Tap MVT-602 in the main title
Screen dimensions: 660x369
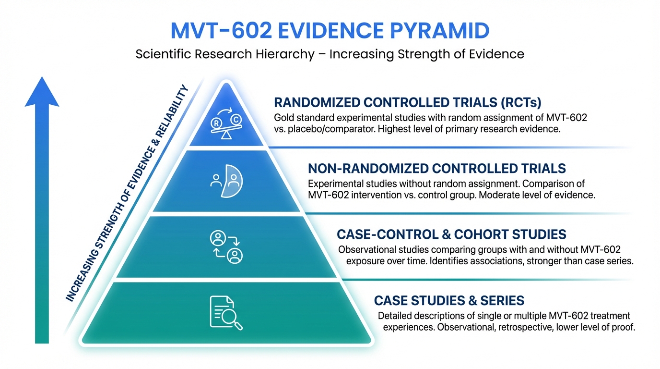pyautogui.click(x=221, y=30)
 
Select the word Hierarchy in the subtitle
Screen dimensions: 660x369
pyautogui.click(x=285, y=54)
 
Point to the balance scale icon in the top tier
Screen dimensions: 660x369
pyautogui.click(x=226, y=123)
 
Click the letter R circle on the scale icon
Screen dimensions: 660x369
pyautogui.click(x=217, y=123)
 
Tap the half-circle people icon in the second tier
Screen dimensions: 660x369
pyautogui.click(x=226, y=181)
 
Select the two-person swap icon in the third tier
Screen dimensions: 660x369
pyautogui.click(x=226, y=247)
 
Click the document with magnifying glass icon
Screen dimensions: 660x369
pyautogui.click(x=226, y=313)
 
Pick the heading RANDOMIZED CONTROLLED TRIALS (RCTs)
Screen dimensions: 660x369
pyautogui.click(x=408, y=102)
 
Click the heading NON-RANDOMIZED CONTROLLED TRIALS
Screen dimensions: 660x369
pyautogui.click(x=437, y=169)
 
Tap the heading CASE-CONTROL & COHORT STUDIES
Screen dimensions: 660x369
pyautogui.click(x=451, y=234)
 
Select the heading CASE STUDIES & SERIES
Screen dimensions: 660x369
pyautogui.click(x=449, y=300)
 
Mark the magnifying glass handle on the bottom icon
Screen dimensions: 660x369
pyautogui.click(x=238, y=326)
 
